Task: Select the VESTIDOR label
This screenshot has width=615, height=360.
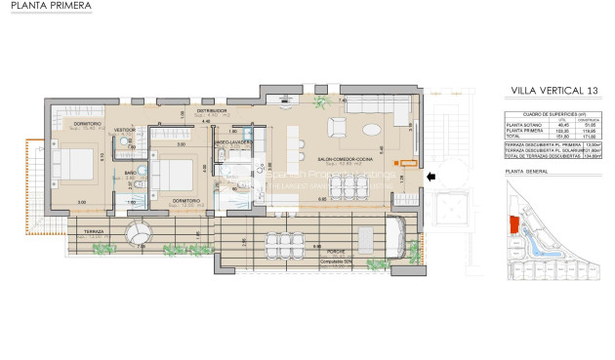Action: [x=125, y=130]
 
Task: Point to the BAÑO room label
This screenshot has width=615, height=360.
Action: [x=131, y=173]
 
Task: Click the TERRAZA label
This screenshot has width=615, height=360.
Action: [x=94, y=231]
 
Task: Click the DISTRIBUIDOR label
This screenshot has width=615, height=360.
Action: [x=212, y=111]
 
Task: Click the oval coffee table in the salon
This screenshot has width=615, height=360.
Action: [x=372, y=129]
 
